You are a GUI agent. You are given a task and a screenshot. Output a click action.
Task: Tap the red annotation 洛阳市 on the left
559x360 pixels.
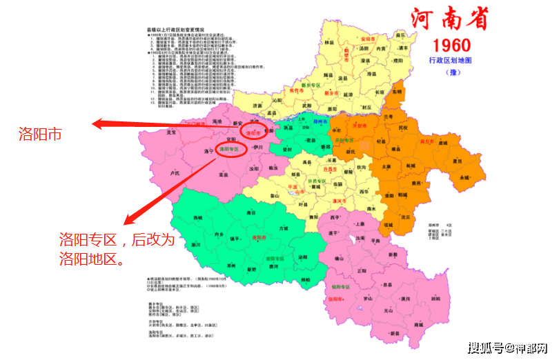pyautogui.click(x=40, y=133)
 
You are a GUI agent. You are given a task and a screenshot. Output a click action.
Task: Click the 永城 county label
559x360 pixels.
pyautogui.click(x=461, y=177)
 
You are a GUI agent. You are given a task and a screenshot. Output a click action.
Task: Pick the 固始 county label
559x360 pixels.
pyautogui.click(x=436, y=299)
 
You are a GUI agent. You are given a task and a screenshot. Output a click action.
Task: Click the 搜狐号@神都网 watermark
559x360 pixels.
pyautogui.click(x=507, y=346)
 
